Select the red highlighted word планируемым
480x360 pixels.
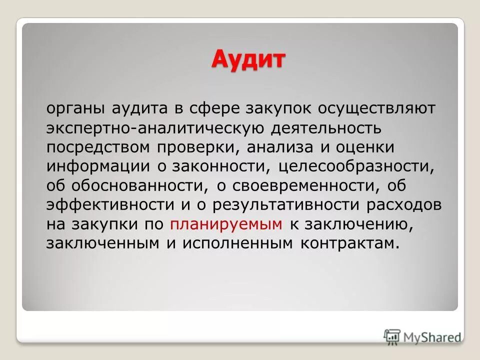point(226,224)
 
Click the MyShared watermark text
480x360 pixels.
point(432,337)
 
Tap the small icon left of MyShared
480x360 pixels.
point(392,336)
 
